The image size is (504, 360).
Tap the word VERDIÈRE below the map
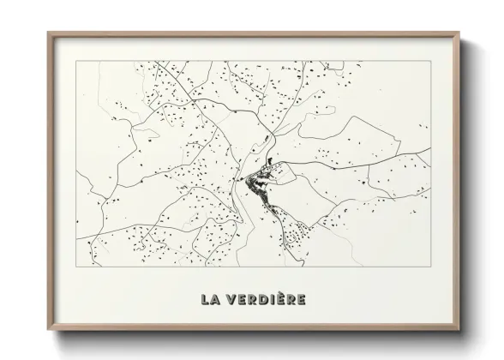pyautogui.click(x=263, y=300)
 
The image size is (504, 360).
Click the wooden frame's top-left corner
pyautogui.click(x=49, y=33)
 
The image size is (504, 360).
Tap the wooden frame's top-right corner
pyautogui.click(x=457, y=33)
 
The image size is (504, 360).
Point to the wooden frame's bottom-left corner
pyautogui.click(x=49, y=327)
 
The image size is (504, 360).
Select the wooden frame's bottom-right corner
pyautogui.click(x=457, y=327)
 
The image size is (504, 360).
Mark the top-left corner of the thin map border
pyautogui.click(x=76, y=63)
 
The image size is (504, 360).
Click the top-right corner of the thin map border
pyautogui.click(x=429, y=63)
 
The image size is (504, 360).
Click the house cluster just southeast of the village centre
pyautogui.click(x=296, y=230)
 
